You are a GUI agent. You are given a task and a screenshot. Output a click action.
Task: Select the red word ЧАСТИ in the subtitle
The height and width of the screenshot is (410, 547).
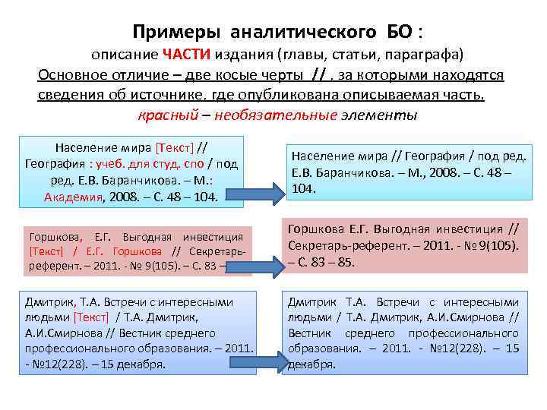(185, 55)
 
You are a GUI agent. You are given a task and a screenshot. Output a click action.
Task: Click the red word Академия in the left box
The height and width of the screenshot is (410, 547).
(72, 197)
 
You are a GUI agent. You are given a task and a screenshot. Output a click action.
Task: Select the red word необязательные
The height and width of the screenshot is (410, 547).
(276, 116)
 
